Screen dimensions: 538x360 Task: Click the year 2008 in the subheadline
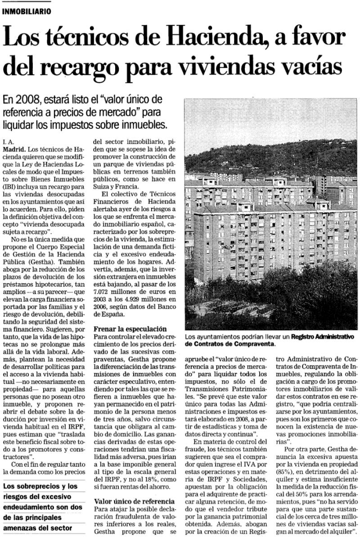click(27, 99)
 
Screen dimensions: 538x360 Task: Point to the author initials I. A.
click(8, 141)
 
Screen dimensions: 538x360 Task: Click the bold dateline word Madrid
click(13, 149)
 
